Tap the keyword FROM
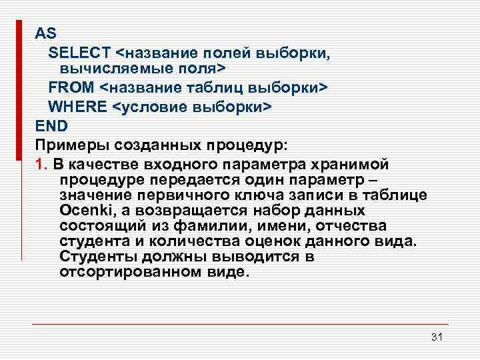(71, 88)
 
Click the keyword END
(51, 125)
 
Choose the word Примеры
(67, 145)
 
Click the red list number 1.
(41, 165)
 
